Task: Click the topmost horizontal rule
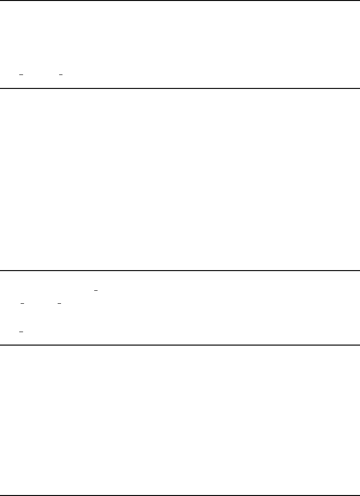pos(180,0)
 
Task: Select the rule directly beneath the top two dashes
pos(180,88)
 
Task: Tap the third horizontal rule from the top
pos(180,271)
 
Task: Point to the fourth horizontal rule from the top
pos(180,345)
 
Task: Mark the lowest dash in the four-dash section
pos(21,332)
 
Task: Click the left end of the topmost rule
pos(1,0)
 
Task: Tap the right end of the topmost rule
pos(359,0)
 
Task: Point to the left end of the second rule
pos(1,88)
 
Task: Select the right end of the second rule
pos(359,88)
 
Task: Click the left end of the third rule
pos(1,271)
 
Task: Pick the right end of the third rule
pos(359,271)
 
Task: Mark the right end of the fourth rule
pos(359,345)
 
